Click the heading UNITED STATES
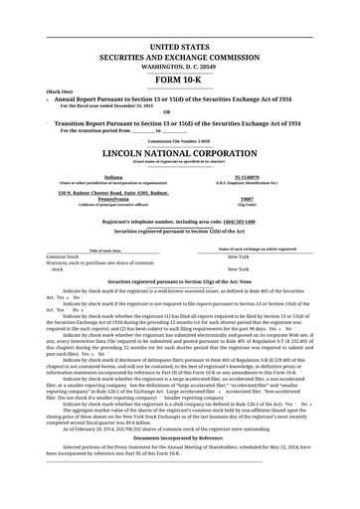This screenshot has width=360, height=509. tap(179, 47)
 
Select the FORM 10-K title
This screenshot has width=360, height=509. tap(179, 78)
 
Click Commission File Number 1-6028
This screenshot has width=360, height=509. tap(179, 142)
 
